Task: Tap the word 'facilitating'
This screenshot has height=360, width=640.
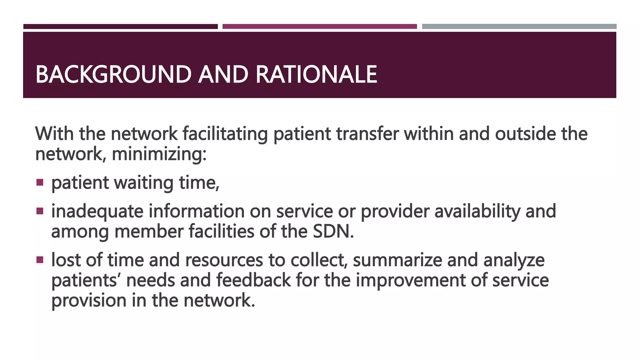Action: [x=225, y=134]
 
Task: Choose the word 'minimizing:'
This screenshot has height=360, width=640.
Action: [x=159, y=154]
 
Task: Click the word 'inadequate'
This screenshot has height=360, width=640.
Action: [x=97, y=211]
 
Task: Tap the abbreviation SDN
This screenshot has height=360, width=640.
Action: [x=333, y=232]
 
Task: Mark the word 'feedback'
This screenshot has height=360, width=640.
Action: [x=253, y=280]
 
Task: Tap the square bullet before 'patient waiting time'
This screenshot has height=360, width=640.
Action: [x=40, y=182]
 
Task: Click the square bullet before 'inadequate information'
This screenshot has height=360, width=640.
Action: [x=40, y=211]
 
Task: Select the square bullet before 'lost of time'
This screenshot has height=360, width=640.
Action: [x=40, y=260]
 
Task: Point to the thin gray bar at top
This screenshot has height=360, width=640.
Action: [x=519, y=27]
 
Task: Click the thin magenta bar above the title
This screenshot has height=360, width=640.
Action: [x=319, y=27]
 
